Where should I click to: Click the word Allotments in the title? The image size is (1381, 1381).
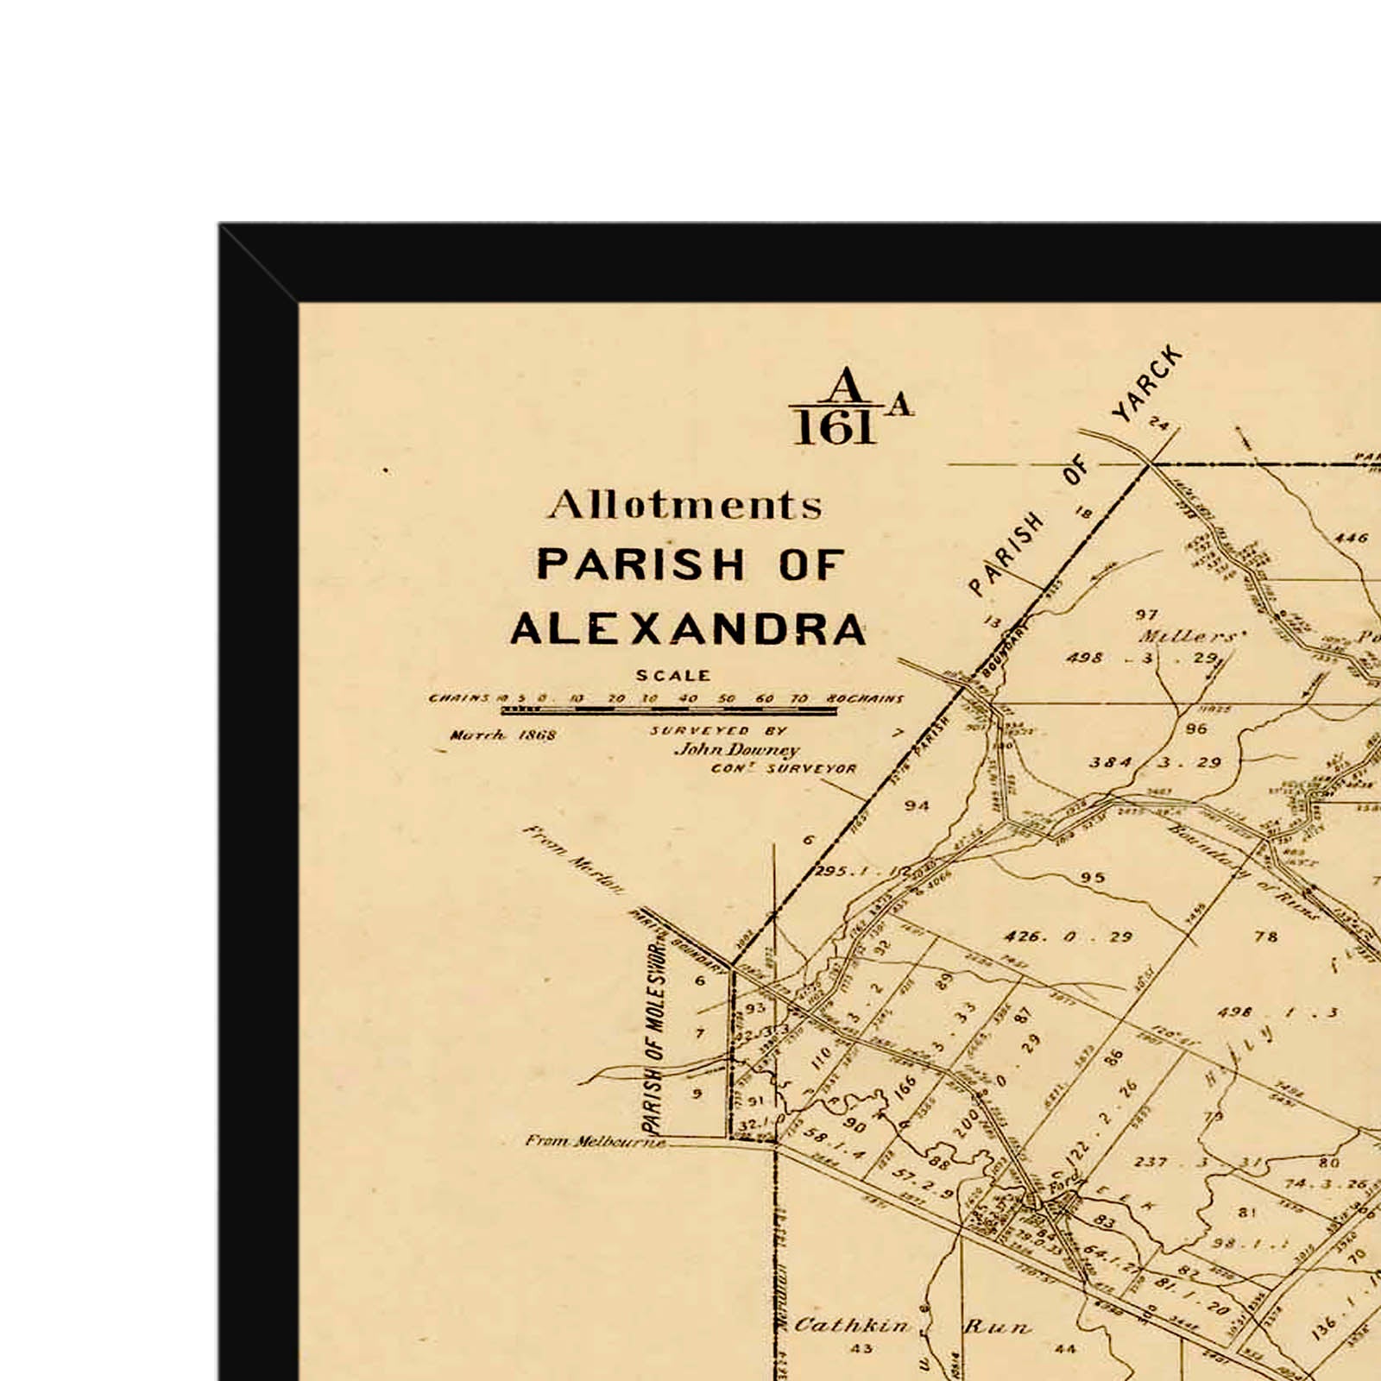685,506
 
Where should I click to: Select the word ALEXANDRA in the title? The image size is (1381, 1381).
688,629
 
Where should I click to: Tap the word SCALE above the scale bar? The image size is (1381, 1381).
673,676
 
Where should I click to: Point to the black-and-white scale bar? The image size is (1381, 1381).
669,711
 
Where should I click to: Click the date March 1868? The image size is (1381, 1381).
503,735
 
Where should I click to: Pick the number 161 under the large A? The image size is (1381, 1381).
835,428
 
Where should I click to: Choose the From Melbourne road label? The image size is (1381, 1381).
596,1141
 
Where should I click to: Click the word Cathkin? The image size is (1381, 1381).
851,1325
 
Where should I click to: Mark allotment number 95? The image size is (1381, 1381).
1092,878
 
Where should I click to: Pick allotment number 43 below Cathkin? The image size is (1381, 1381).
861,1348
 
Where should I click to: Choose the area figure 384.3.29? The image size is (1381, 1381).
1155,762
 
